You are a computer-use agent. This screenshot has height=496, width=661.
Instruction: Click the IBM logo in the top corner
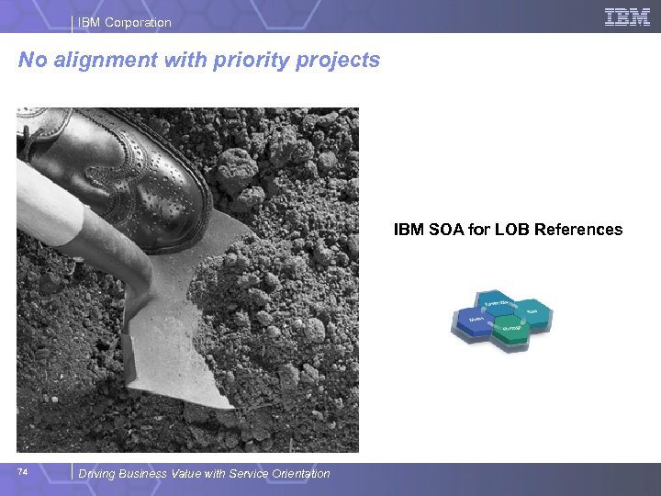[627, 17]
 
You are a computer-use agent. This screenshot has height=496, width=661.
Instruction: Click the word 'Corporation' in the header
[138, 22]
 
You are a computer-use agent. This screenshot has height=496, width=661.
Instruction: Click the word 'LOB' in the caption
[512, 230]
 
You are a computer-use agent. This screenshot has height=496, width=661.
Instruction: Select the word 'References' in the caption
[580, 230]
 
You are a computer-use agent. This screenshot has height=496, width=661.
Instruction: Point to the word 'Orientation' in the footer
[299, 474]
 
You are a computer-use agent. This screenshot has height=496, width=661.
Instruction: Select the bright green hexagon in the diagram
[512, 329]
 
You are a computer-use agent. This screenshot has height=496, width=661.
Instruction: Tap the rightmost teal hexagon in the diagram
[533, 312]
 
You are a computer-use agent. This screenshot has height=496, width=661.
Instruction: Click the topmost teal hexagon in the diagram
[498, 303]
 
